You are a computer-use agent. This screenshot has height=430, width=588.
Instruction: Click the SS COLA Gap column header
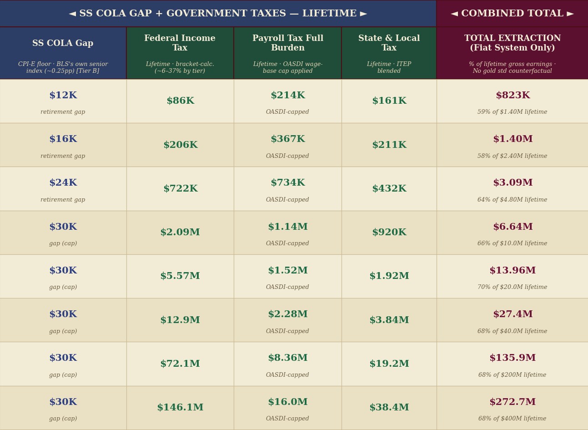[63, 43]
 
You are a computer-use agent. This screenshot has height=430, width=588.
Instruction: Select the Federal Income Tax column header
[180, 43]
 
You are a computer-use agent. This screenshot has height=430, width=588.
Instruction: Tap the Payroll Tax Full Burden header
[288, 43]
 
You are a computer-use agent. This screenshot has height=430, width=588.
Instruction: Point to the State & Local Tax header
[389, 43]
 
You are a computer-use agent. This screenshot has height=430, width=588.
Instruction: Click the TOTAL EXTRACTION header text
[513, 43]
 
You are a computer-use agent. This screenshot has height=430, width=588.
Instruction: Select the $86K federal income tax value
[181, 101]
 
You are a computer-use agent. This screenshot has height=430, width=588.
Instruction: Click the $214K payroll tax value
[288, 95]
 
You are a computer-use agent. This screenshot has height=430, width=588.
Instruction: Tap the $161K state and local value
[389, 101]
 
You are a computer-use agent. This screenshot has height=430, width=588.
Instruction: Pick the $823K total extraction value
[513, 95]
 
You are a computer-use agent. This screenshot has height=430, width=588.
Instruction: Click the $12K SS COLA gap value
[63, 95]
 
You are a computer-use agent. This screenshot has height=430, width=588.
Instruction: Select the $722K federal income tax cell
[181, 188]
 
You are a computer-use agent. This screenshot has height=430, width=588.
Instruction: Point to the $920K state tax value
[389, 232]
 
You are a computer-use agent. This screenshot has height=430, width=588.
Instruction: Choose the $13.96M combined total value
[513, 270]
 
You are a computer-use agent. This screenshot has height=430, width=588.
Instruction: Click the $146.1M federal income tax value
[180, 407]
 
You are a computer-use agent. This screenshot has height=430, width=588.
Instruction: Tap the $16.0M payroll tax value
[288, 402]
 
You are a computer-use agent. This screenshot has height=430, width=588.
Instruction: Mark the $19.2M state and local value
[389, 364]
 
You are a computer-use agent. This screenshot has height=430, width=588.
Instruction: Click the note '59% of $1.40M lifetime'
[512, 112]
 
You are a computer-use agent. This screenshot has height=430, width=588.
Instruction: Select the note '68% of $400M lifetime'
[512, 419]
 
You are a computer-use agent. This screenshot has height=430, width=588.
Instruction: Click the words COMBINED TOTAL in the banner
[512, 13]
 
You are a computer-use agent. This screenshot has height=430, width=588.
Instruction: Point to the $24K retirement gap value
[63, 182]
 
